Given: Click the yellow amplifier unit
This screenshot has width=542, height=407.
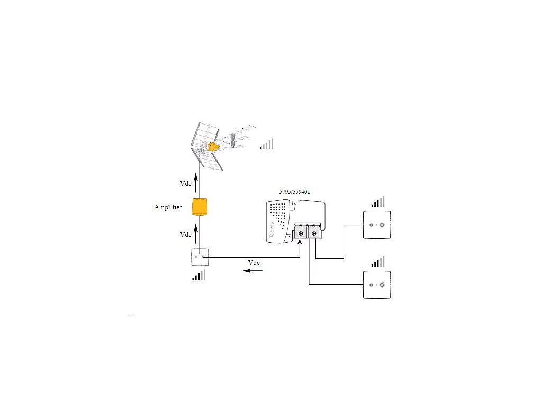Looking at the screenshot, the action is coord(200,207).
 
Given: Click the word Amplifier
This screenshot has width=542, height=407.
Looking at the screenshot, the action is coord(168,207).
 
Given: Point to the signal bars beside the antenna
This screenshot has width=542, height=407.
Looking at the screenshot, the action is coord(267,144).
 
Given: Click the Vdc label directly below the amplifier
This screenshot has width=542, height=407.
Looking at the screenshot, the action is coord(185,234).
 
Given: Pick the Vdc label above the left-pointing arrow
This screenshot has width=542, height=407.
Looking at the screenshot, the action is coord(254,263).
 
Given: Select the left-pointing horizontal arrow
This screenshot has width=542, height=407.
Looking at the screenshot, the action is coord(252,271).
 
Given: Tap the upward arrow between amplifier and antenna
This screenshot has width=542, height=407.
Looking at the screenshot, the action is coord(196,183).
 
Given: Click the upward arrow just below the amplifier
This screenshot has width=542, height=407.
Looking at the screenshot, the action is coord(196,232).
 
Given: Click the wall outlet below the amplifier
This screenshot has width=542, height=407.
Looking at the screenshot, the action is coord(200,257).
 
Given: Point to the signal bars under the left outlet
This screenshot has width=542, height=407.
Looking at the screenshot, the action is coord(198,275).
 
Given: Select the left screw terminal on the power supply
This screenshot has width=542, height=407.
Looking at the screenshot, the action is coord(301,234).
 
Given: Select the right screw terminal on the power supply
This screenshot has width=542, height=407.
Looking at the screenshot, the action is coord(314,234).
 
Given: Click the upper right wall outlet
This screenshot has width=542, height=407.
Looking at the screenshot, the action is coord(377,225).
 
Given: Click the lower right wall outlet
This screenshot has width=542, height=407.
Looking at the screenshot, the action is coord(377,285).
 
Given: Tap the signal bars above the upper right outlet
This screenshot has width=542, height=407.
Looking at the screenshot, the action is coord(377,202).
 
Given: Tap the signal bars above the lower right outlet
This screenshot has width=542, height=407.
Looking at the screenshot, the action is coord(377,262).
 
